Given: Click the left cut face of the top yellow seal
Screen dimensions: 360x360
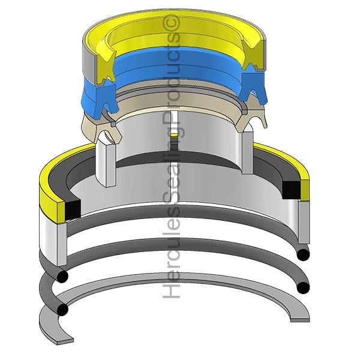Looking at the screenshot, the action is [106, 67].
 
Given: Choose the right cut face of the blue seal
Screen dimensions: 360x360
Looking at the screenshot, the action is [253, 85].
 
